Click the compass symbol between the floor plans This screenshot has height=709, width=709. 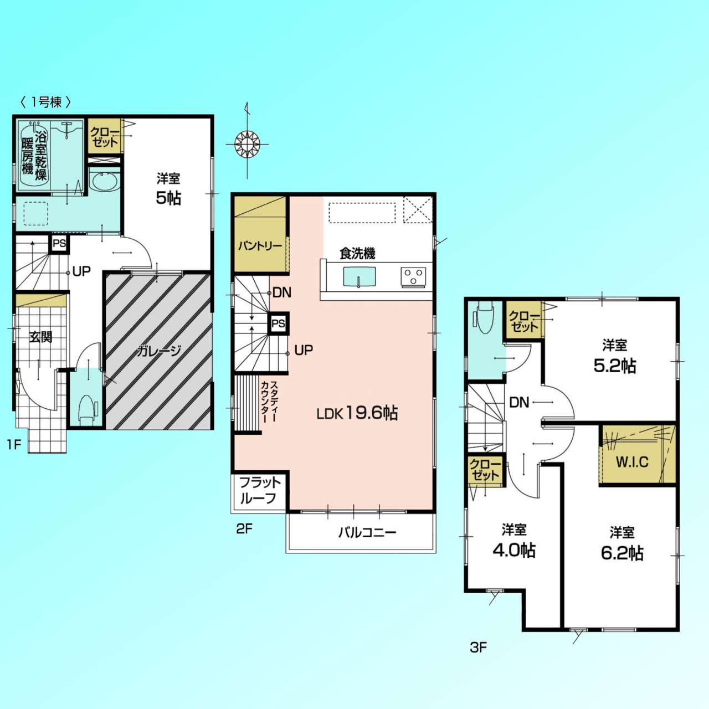pyautogui.click(x=247, y=144)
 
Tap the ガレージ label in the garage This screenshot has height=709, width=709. pyautogui.click(x=159, y=351)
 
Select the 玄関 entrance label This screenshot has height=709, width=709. pyautogui.click(x=41, y=337)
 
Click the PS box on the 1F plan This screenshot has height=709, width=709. pyautogui.click(x=59, y=244)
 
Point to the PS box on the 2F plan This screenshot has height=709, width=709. pyautogui.click(x=278, y=323)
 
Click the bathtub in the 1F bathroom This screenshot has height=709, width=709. pyautogui.click(x=34, y=155)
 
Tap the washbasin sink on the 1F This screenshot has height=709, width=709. pyautogui.click(x=105, y=182)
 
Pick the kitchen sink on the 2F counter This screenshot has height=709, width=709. pyautogui.click(x=359, y=277)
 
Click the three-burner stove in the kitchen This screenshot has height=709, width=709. pyautogui.click(x=413, y=278)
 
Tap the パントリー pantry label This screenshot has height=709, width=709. pyautogui.click(x=260, y=246)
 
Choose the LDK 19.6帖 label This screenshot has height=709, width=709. pyautogui.click(x=357, y=413)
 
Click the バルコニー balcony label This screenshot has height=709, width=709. pyautogui.click(x=367, y=532)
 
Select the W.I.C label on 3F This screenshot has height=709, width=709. pyautogui.click(x=632, y=462)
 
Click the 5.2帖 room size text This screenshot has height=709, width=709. pyautogui.click(x=615, y=366)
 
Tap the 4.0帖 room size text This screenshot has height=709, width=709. pyautogui.click(x=513, y=550)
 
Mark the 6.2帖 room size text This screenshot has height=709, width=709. pyautogui.click(x=622, y=553)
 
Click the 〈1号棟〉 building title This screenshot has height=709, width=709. pyautogui.click(x=45, y=102)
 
